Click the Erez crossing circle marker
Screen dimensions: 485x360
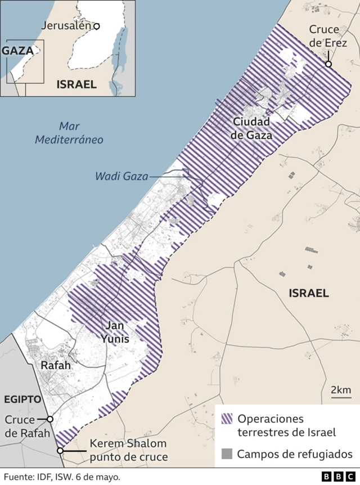point(328,64)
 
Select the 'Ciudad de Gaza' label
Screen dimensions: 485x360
point(253,128)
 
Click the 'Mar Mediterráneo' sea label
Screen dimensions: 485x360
point(69,133)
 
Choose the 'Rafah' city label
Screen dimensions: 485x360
point(56,366)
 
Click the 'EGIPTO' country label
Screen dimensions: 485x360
point(23,399)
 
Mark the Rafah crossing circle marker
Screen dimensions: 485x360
point(50,419)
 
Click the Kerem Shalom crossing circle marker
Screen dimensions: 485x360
point(60,451)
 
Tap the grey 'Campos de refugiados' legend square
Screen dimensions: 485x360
point(227,453)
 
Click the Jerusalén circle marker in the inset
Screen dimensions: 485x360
point(97,26)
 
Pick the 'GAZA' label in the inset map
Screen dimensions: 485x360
point(17,50)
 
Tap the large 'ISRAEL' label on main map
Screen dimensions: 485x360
point(308,293)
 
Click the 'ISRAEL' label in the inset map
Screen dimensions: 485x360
point(76,84)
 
